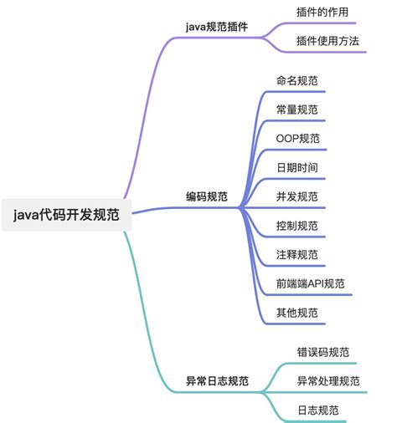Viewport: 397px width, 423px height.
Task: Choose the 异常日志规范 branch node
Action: point(217,380)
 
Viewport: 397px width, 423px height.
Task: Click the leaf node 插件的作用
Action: point(322,13)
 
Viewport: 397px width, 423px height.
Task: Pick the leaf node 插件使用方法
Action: point(327,40)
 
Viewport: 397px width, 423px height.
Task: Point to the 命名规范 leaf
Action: point(296,81)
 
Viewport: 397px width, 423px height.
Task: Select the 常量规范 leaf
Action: point(296,110)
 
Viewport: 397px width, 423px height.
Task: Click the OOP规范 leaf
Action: point(297,138)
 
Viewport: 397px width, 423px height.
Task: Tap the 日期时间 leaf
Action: point(296,167)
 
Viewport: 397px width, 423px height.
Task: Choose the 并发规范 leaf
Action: point(296,196)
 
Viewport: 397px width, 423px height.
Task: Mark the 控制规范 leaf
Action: point(296,226)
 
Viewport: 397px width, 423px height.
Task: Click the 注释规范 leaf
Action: point(296,254)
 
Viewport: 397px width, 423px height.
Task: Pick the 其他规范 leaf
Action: point(296,313)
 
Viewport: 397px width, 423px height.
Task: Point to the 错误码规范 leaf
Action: point(323,352)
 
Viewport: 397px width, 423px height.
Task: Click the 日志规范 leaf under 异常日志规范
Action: point(318,410)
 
